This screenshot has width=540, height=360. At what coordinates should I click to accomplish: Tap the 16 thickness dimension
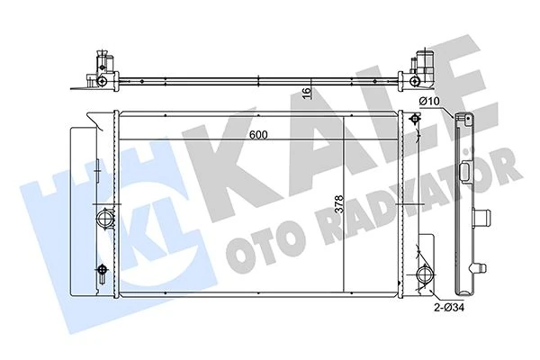(x=306, y=92)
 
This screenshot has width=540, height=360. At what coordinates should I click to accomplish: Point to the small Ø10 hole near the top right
(x=414, y=121)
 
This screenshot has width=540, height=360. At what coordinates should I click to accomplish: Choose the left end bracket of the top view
(x=102, y=70)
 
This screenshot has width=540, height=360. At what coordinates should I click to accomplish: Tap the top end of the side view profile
(x=464, y=120)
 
